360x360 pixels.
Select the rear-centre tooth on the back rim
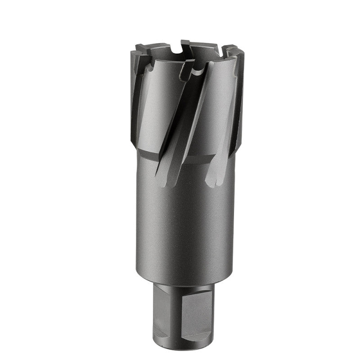[x=185, y=45]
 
